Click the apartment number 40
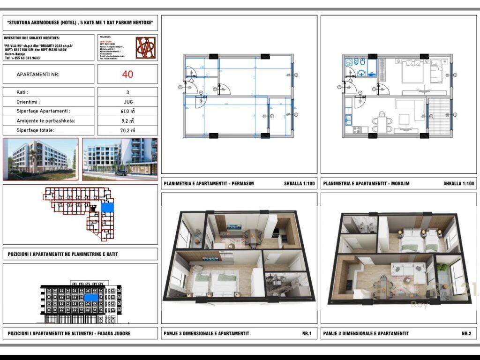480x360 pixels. (127, 74)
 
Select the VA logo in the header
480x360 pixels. (145, 48)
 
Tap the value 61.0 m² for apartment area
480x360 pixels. (127, 112)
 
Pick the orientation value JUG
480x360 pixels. (127, 102)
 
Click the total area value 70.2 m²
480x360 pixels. (127, 131)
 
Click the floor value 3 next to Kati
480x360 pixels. (127, 92)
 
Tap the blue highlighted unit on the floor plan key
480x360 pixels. (107, 208)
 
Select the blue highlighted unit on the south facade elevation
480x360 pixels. (91, 297)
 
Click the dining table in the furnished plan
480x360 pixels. (382, 123)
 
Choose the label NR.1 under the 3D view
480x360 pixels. (307, 334)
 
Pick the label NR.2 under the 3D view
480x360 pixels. (466, 334)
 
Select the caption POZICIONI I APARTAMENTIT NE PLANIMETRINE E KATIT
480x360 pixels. (63, 255)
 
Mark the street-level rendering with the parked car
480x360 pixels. (120, 159)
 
